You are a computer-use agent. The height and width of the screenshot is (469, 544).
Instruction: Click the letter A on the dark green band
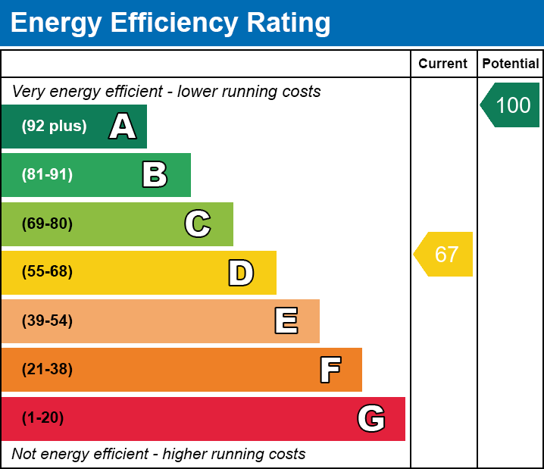coord(123,127)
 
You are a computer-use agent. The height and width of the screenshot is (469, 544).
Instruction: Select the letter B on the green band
coord(155,175)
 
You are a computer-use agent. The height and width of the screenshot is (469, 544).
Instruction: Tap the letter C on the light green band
coord(198,224)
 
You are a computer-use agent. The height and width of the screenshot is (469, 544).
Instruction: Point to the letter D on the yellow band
coord(241,273)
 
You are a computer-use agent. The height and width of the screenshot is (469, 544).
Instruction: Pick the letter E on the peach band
coord(286,321)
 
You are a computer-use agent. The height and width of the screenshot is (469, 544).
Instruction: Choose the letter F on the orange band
coord(330,370)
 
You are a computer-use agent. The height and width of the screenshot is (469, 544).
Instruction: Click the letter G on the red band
coord(371,418)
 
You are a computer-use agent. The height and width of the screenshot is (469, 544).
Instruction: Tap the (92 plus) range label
coord(54,127)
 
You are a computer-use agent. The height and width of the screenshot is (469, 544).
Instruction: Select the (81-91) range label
coord(47,175)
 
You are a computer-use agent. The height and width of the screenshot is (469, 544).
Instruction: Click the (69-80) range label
coord(47,224)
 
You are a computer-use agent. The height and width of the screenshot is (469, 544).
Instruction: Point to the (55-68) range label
coord(47,272)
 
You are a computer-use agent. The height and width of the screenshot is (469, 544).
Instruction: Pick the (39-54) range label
coord(47,320)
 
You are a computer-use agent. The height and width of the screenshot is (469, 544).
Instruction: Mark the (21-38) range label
coord(47,370)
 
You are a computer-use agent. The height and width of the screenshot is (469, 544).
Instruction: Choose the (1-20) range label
coord(43,418)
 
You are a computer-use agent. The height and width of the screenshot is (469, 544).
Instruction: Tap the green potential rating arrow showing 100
coord(511,105)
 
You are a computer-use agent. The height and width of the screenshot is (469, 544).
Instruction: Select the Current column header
coord(443,64)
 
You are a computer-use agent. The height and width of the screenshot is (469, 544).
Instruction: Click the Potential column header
coord(511,64)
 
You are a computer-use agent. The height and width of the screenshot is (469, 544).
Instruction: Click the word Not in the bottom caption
coord(23,455)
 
